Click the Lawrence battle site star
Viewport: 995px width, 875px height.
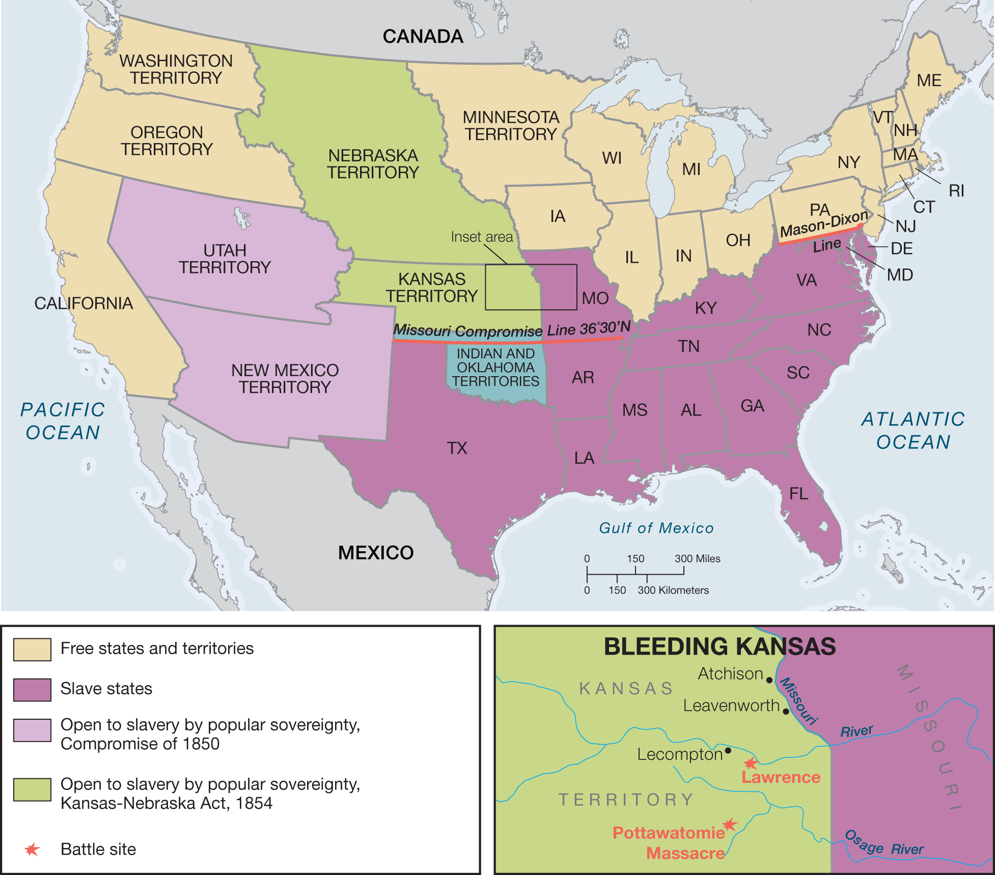(750, 763)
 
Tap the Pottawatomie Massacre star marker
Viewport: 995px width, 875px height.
(730, 824)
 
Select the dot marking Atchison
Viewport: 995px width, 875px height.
(769, 680)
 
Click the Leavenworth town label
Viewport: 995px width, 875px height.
(731, 705)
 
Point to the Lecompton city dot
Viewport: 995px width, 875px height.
(728, 750)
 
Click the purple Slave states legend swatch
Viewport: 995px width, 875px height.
(32, 690)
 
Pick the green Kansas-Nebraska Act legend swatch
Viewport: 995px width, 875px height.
(32, 789)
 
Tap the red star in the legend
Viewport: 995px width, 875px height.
(32, 849)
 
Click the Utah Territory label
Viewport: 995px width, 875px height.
(225, 259)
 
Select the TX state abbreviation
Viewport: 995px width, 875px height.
(457, 448)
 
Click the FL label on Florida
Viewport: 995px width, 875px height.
(798, 494)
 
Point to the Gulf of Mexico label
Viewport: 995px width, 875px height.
(656, 528)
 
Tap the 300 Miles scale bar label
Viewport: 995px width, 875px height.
(697, 558)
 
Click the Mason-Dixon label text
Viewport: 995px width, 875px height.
(824, 224)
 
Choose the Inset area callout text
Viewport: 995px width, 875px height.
(482, 237)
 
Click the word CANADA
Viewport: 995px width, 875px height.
(423, 37)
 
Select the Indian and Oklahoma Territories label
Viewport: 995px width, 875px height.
(495, 368)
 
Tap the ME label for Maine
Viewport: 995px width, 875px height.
(929, 80)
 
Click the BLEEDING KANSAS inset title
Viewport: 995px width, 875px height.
(719, 646)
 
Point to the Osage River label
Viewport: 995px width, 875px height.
(883, 845)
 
